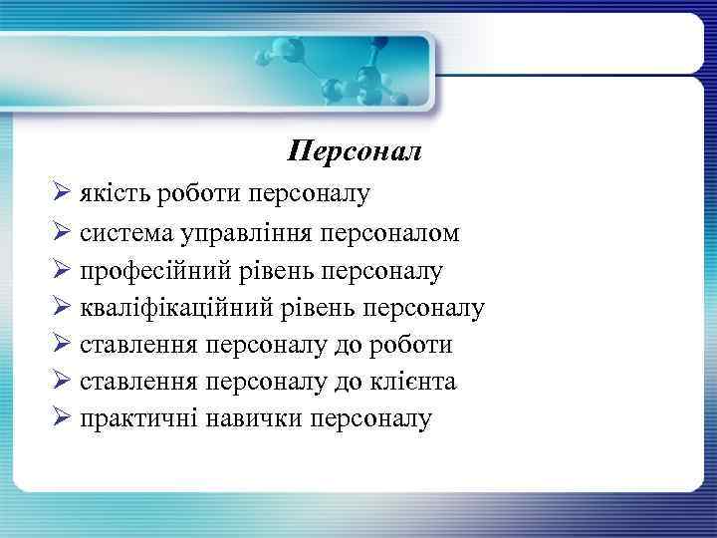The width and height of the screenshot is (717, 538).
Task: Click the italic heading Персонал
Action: [355, 151]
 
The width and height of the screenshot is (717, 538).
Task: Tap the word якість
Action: [111, 193]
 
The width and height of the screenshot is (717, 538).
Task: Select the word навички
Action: [254, 419]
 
